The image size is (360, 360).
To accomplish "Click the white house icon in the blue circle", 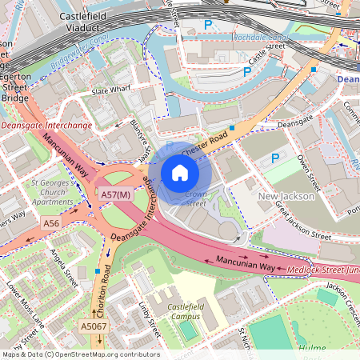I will click(180, 173).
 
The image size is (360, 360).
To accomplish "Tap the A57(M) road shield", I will click(115, 194).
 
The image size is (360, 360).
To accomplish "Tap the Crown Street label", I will click(196, 199).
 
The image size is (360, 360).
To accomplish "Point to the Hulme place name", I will click(311, 348).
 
